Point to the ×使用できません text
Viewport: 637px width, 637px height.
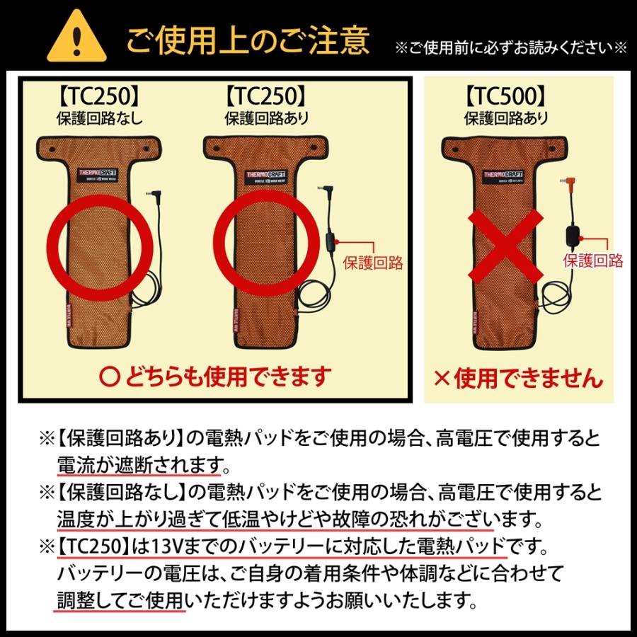519,377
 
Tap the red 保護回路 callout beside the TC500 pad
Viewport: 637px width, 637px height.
592,260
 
